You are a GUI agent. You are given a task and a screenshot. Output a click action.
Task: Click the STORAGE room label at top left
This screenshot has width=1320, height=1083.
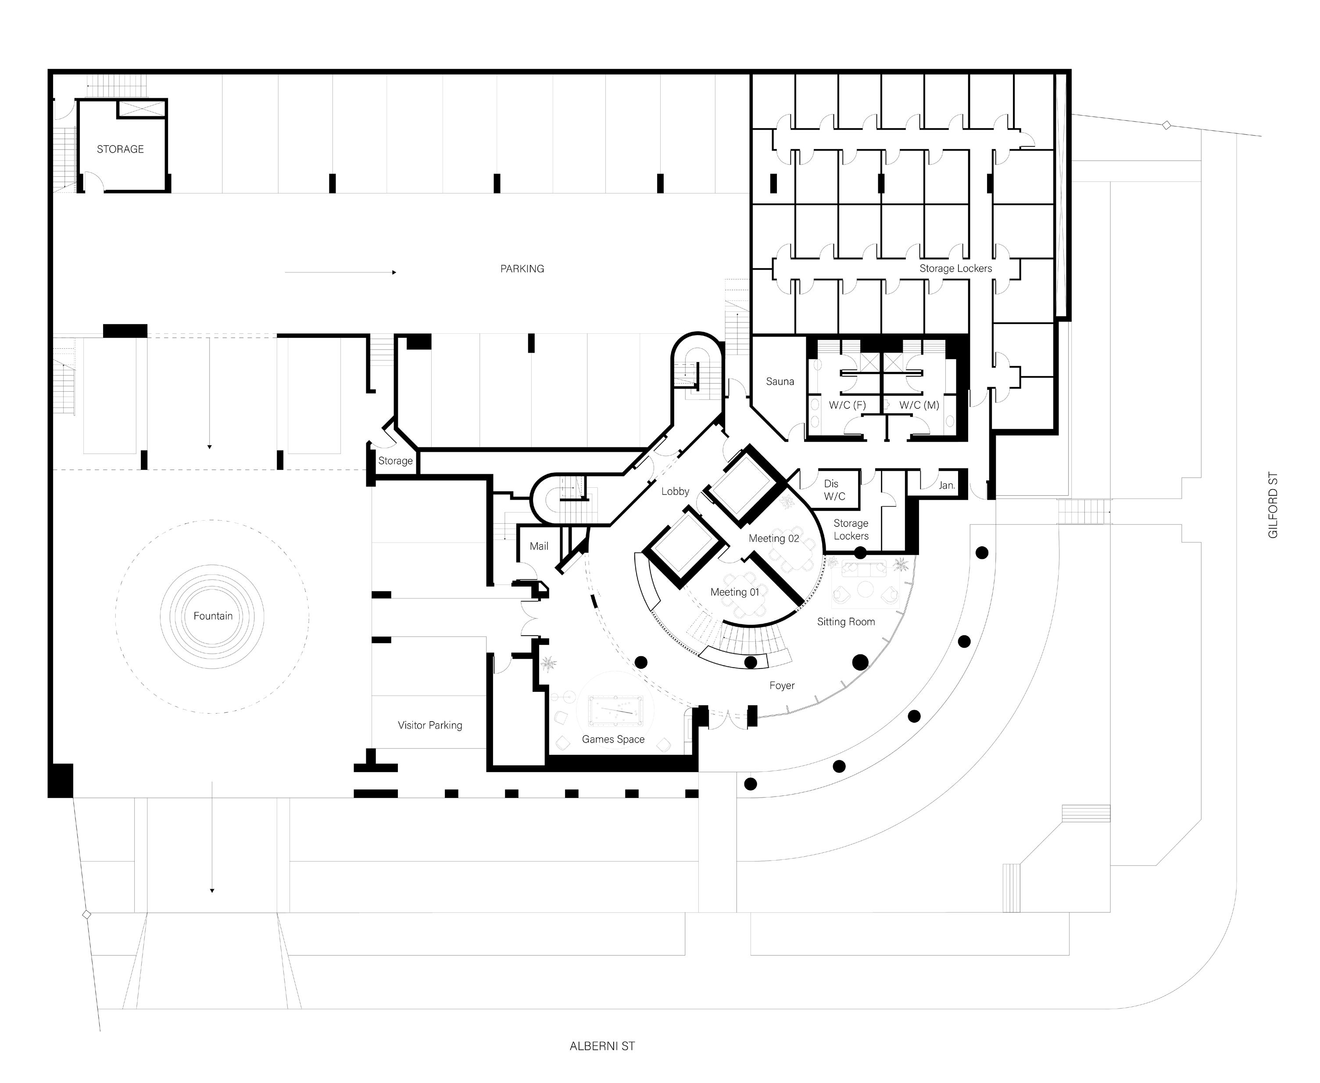coord(120,149)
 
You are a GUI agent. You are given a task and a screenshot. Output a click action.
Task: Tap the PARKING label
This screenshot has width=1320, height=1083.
coord(522,269)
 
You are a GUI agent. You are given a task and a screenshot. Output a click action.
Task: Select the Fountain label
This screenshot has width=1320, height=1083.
coord(213,616)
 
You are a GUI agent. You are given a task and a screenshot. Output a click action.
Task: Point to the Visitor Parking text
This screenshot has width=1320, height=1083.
coord(430,725)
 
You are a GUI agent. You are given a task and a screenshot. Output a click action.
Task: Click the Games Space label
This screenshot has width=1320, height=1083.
coord(613,739)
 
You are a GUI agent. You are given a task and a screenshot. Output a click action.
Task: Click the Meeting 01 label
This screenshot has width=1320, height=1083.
coord(735,592)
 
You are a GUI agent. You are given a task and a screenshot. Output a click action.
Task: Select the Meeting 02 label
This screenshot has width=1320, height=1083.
coord(773,538)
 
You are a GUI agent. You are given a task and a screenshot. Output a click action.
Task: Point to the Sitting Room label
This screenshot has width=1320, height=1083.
coord(846,622)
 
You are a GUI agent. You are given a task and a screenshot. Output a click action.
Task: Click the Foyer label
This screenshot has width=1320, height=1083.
coord(782,686)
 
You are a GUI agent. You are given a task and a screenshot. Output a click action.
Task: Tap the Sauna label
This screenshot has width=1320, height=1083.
coord(780,381)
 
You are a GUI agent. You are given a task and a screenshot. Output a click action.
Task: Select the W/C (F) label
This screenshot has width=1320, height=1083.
coord(847,405)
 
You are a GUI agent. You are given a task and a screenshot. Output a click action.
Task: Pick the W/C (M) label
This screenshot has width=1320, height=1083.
coord(919,405)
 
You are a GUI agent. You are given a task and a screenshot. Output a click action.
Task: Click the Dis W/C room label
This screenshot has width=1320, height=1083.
coord(833,490)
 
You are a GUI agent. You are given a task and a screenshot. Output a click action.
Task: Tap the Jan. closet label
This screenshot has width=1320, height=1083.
coord(946,485)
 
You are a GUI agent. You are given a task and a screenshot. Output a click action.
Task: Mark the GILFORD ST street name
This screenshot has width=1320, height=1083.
coord(1273,505)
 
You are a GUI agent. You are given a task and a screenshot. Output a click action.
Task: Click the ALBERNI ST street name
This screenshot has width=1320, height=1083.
coord(602,1046)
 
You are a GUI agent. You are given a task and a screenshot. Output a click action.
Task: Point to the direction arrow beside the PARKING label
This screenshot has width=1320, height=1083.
coord(340,272)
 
